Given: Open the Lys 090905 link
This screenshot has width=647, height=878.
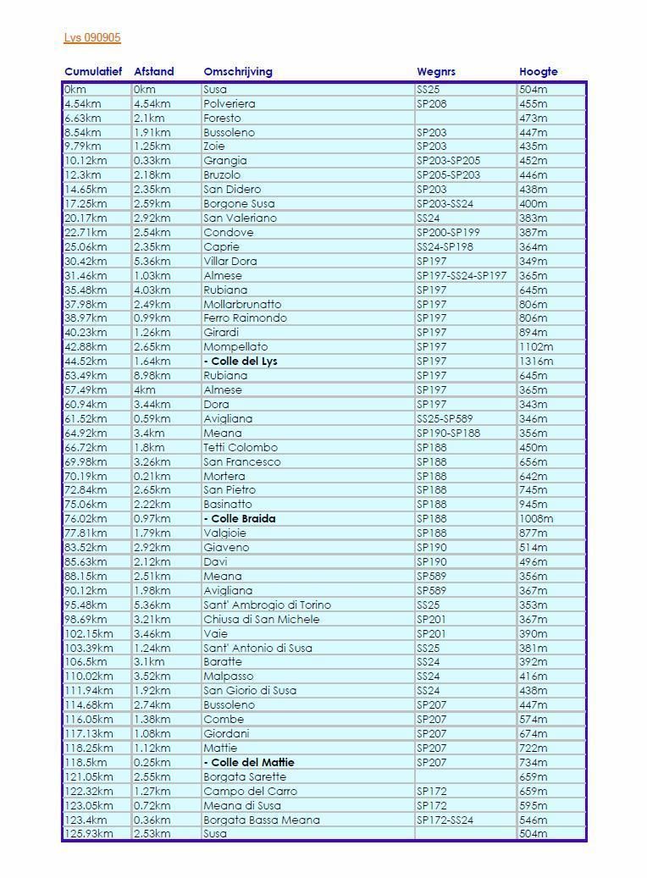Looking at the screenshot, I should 92,38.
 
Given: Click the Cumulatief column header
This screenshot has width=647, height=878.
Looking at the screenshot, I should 93,72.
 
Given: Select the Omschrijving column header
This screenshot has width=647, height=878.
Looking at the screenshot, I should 238,72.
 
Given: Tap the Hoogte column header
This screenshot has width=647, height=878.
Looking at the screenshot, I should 539,72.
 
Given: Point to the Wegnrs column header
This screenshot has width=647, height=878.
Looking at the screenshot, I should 436,72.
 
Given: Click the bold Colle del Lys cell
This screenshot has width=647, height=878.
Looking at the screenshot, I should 241,362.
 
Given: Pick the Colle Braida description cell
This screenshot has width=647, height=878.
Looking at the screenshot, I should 240,519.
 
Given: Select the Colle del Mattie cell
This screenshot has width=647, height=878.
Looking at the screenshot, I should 249,763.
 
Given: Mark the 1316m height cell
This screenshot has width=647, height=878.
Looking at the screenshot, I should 536,362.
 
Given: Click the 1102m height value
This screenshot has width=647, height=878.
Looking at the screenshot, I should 536,347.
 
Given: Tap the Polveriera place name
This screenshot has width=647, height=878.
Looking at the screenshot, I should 229,104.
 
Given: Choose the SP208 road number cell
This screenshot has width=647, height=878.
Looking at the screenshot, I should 431,104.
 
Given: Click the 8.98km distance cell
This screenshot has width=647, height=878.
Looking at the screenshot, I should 152,376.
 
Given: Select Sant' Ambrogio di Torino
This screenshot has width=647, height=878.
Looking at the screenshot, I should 267,605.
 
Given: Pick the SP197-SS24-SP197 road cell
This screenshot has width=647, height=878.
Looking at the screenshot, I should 462,276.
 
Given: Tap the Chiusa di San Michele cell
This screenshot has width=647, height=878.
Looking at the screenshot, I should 262,620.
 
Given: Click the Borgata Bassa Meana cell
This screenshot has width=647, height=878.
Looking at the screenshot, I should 262,820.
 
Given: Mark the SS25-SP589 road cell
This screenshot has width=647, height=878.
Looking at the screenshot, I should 445,419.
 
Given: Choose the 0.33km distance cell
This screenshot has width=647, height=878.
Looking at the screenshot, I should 152,161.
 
